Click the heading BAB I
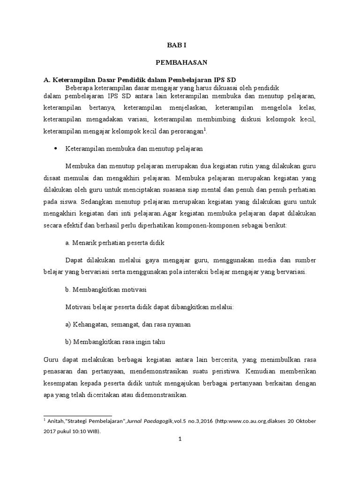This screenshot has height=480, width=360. coord(180,45)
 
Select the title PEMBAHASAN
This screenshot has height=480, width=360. coord(180,61)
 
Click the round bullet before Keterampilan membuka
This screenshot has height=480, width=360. coord(56,149)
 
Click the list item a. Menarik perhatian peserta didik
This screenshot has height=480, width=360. coord(115,244)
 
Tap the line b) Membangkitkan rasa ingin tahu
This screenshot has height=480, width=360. coord(115,342)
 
